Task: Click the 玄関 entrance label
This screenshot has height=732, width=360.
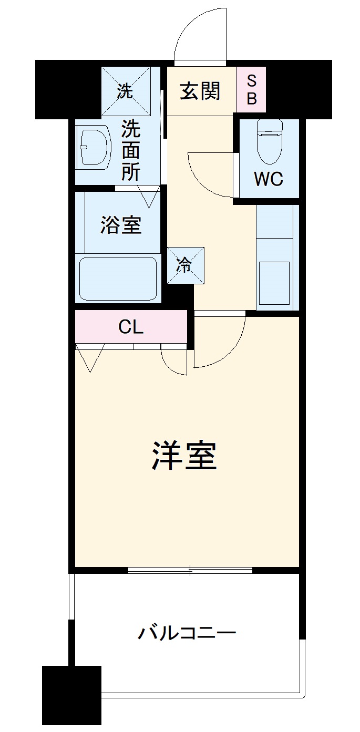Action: tap(200, 91)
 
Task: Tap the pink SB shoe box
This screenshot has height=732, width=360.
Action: tap(251, 89)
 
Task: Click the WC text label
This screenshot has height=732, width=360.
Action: tap(269, 179)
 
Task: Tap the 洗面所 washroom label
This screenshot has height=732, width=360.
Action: tap(131, 150)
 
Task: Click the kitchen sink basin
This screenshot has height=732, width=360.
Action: tap(274, 283)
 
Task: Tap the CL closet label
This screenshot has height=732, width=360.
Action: tap(131, 327)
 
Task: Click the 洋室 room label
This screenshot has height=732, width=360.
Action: tap(184, 456)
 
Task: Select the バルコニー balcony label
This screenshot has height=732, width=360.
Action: tap(187, 633)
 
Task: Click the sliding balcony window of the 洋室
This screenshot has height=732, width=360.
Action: tap(190, 570)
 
